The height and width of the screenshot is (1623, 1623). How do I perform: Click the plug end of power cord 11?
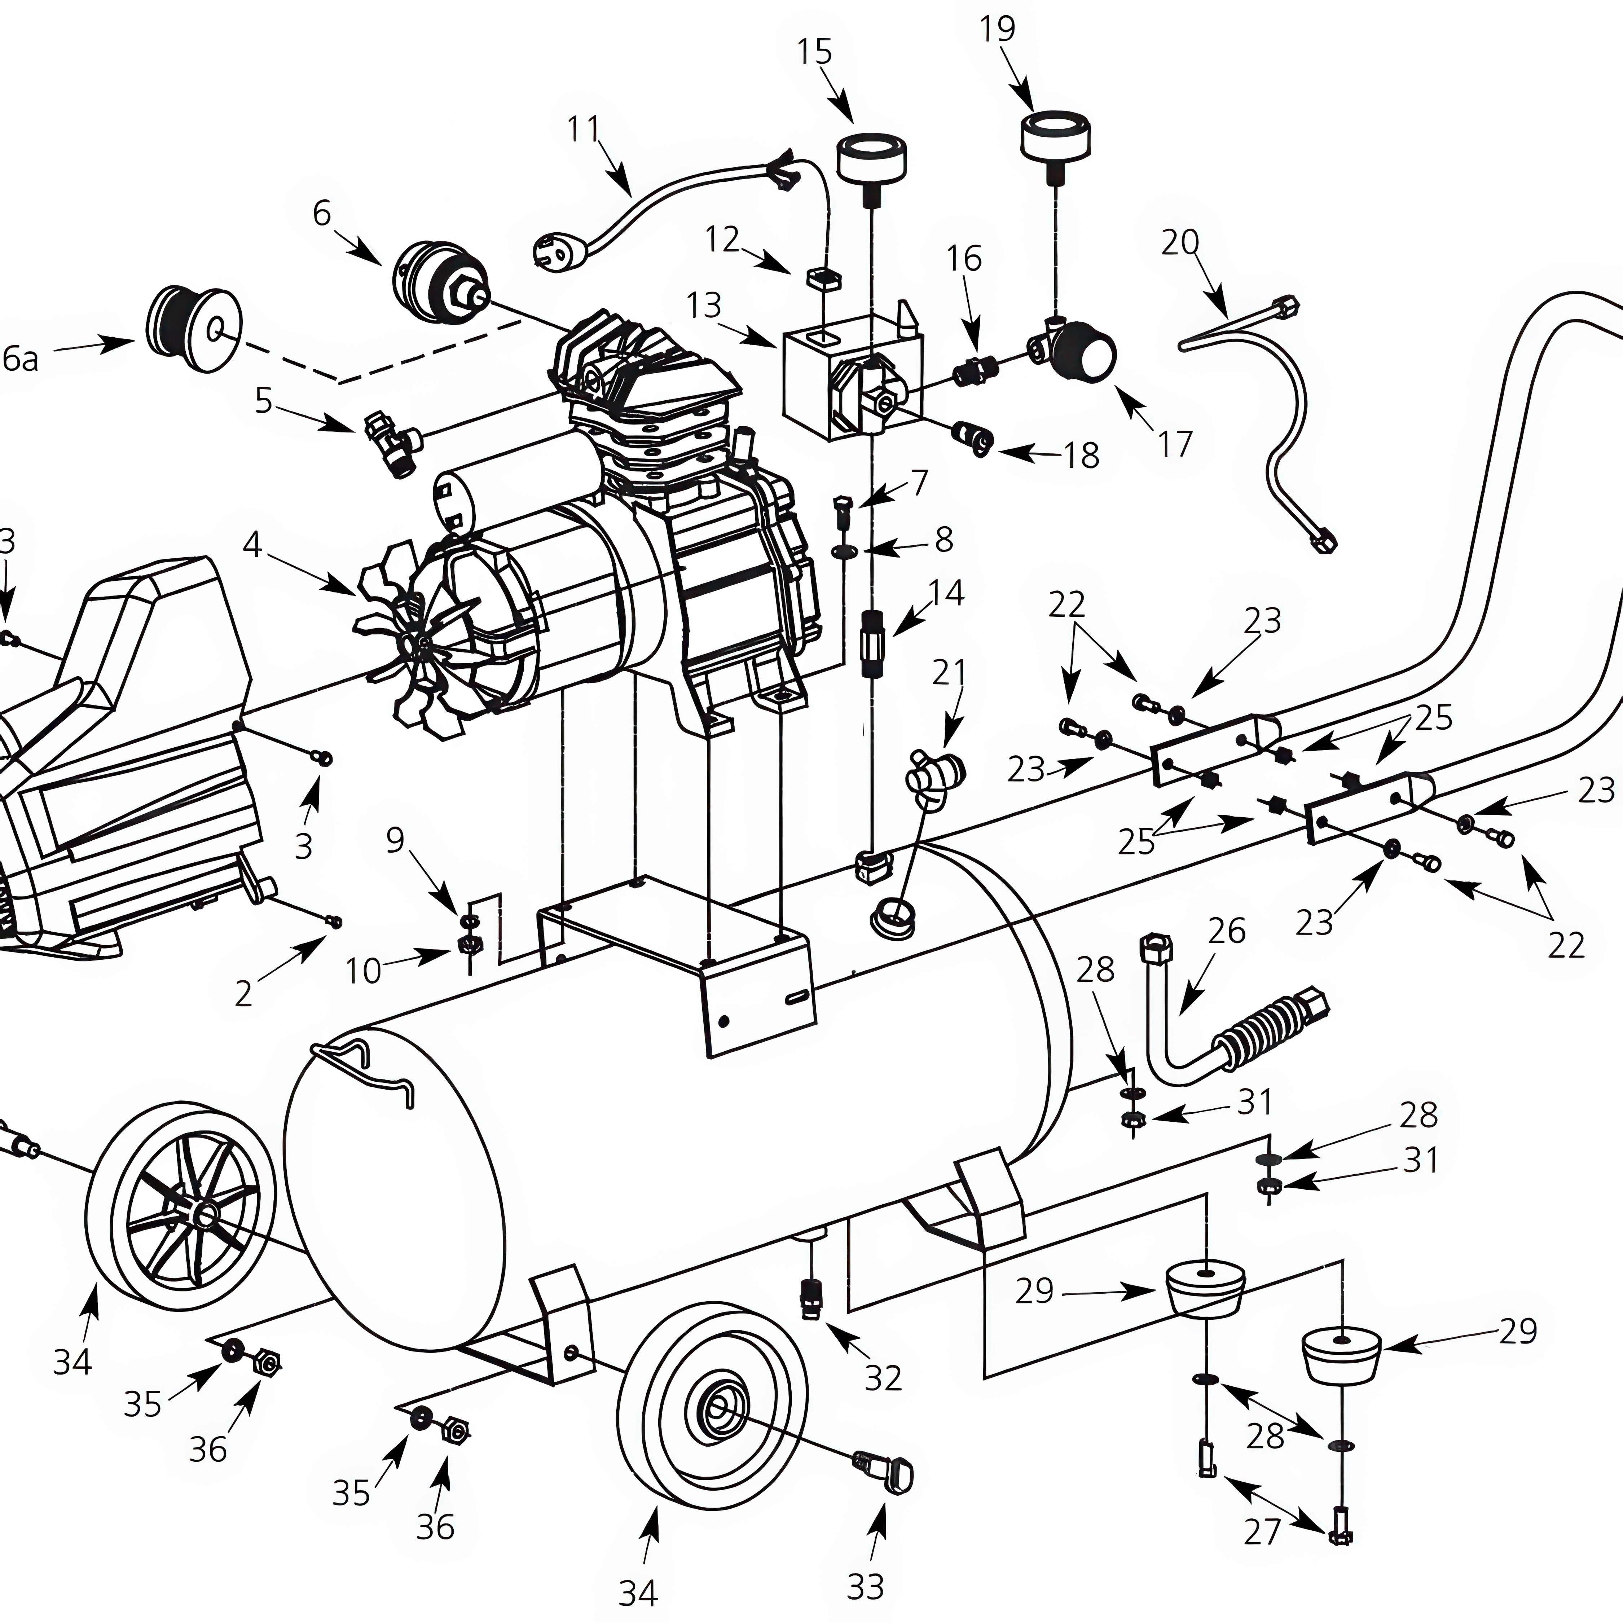coord(554,250)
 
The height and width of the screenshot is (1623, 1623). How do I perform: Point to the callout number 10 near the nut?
coord(363,971)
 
